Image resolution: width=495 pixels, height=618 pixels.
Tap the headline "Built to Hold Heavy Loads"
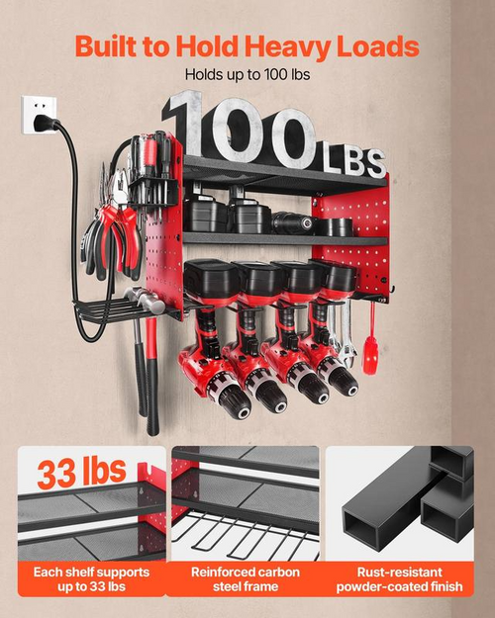tap(247, 46)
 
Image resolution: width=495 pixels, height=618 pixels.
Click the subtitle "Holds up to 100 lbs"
tap(247, 74)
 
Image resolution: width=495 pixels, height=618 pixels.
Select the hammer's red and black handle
tap(151, 376)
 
